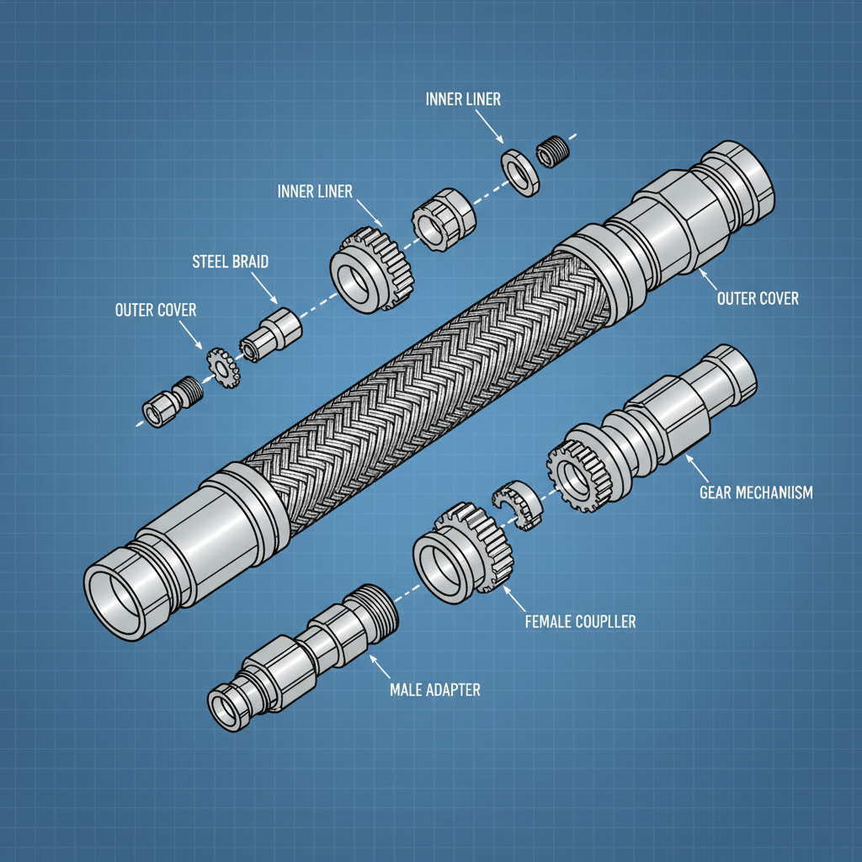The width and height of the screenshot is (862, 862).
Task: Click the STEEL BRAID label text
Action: [231, 262]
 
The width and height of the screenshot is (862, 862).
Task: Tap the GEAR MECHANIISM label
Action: [756, 492]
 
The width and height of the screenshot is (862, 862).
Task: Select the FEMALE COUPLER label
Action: [580, 622]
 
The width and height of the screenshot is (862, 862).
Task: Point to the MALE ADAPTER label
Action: [435, 689]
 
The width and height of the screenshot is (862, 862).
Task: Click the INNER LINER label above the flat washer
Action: [462, 99]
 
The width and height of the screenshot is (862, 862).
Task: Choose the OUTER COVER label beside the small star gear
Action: [155, 311]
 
